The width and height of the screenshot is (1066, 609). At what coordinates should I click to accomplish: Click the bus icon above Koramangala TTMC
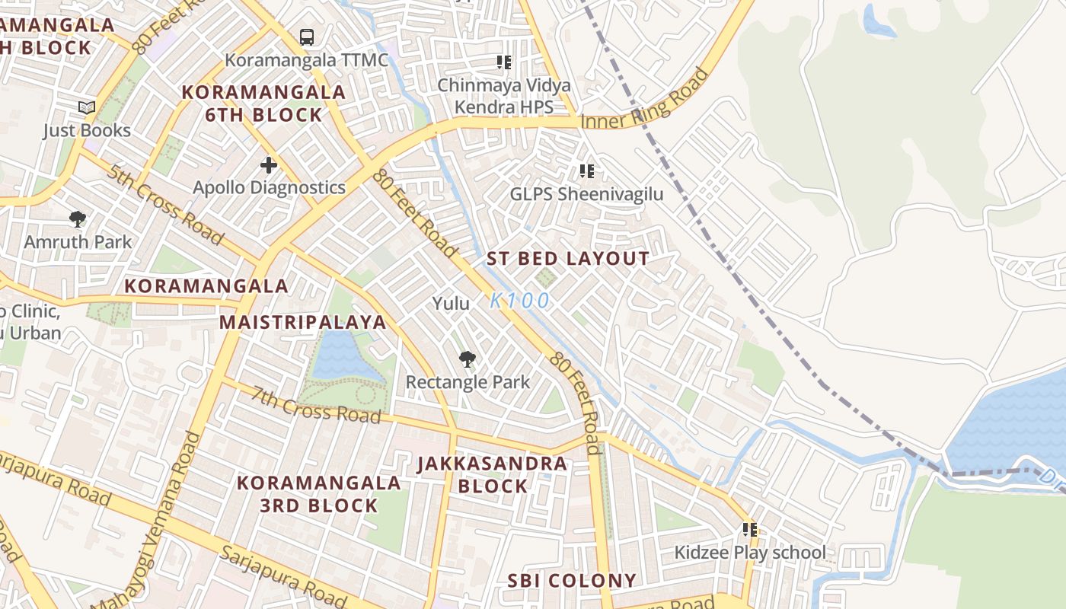pyautogui.click(x=306, y=37)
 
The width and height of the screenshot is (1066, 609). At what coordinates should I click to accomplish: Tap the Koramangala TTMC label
pyautogui.click(x=306, y=60)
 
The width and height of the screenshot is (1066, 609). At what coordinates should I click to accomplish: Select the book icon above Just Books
pyautogui.click(x=87, y=108)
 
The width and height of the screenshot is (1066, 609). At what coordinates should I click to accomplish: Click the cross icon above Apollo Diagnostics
pyautogui.click(x=269, y=164)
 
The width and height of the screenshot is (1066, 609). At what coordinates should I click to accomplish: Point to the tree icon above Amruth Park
pyautogui.click(x=77, y=220)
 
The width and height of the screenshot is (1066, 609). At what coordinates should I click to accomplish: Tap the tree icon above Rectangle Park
pyautogui.click(x=467, y=359)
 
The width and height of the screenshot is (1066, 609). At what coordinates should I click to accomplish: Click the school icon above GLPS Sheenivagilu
pyautogui.click(x=586, y=171)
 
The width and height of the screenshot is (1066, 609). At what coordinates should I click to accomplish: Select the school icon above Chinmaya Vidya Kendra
pyautogui.click(x=503, y=62)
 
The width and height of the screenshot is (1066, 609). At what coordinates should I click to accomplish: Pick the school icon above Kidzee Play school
pyautogui.click(x=750, y=530)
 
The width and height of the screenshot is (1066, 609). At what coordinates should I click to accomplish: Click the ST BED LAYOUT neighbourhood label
pyautogui.click(x=568, y=259)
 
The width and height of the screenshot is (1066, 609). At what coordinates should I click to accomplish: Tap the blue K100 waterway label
pyautogui.click(x=519, y=301)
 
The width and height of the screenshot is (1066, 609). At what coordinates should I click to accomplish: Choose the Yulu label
pyautogui.click(x=451, y=304)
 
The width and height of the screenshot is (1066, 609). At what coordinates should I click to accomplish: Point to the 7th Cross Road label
pyautogui.click(x=316, y=406)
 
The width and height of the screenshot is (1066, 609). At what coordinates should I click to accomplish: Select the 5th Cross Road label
pyautogui.click(x=165, y=205)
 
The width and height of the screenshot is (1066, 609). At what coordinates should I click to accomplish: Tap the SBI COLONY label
pyautogui.click(x=572, y=581)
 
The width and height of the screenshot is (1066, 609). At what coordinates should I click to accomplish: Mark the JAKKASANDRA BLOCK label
pyautogui.click(x=493, y=475)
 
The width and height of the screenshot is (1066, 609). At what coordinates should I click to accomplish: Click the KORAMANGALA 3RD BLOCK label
pyautogui.click(x=318, y=494)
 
